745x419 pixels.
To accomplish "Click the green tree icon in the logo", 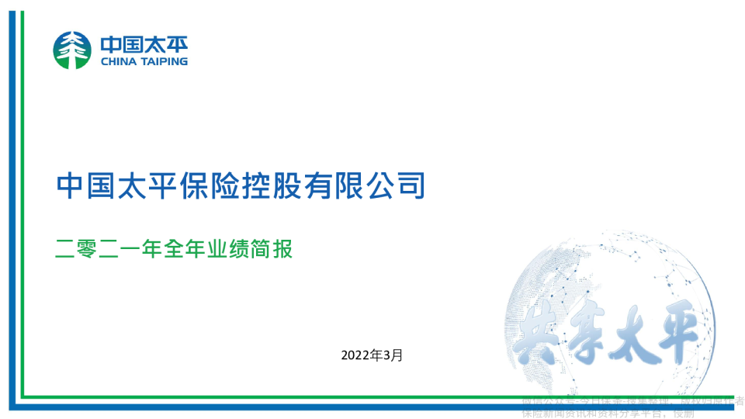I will point(72,50).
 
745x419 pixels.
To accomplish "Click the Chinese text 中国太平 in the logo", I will point(144,43).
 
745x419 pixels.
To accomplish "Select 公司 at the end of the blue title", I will point(395,186).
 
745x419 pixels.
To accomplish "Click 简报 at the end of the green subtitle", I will point(277,250).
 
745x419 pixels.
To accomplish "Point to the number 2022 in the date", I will point(354,355).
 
